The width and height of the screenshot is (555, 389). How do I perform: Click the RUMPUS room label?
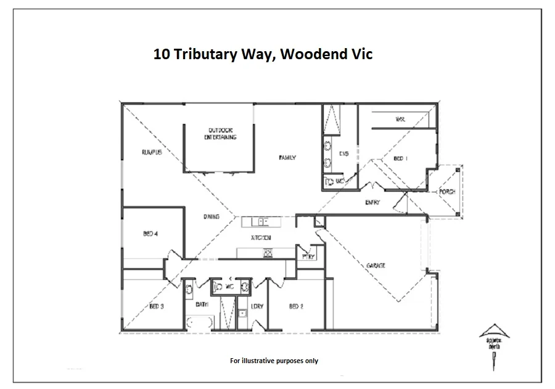[151, 152]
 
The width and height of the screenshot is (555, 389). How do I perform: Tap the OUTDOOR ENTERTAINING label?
[220, 134]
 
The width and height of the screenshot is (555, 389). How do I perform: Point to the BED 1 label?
[400, 159]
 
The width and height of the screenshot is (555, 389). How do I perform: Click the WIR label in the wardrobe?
[400, 120]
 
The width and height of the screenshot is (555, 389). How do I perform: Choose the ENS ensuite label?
[344, 154]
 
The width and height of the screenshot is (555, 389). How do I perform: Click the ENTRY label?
[372, 202]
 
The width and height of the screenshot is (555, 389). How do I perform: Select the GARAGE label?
[376, 265]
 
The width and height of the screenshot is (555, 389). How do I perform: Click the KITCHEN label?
[261, 237]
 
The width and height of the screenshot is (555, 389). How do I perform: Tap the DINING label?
[212, 217]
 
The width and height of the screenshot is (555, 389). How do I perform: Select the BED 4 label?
[151, 234]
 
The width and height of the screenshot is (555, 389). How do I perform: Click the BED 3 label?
[156, 306]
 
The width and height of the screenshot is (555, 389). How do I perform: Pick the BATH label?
[202, 305]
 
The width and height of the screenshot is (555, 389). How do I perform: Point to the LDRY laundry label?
[257, 306]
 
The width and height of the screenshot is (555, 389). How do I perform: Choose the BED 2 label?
[296, 306]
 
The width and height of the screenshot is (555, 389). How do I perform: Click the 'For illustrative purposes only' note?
[274, 361]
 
